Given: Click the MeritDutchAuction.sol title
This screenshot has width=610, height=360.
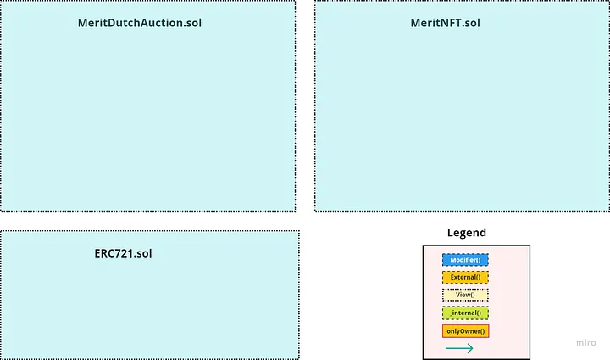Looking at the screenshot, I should pos(140,23).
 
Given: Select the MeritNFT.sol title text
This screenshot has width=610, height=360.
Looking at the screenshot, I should pos(445,23).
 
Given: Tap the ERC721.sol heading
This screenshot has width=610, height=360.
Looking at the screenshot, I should pos(123,253).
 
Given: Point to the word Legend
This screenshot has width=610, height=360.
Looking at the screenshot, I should pos(467,233).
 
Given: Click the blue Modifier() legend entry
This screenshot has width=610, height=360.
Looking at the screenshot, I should pos(465,259).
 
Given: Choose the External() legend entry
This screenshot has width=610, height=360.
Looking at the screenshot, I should pos(465,277).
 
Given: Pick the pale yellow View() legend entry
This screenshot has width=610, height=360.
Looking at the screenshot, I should pos(465,295).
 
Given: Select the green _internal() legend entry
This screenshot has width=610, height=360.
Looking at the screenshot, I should pos(465,313).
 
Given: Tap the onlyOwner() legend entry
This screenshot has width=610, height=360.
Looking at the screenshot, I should pos(465,330).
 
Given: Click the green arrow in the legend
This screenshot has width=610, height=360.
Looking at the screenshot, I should pos(458,348).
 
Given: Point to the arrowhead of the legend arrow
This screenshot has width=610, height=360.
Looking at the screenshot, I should pos(470,348).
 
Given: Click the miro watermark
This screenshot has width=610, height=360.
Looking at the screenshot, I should pos(586,343).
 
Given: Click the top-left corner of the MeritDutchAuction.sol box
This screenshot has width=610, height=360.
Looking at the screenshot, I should pos(1,2).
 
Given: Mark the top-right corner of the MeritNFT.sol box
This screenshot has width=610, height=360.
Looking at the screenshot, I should pos(608,2).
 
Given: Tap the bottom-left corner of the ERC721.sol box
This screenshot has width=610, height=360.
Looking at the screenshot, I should pos(1,358).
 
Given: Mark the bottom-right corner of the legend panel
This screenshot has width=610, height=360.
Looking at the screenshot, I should pos(530,358).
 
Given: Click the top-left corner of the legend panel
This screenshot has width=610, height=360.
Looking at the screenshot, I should pos(424,246).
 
